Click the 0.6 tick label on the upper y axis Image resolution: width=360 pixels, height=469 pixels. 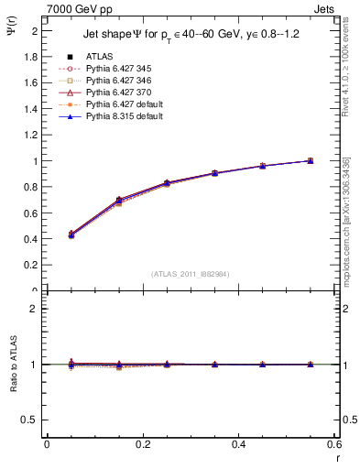[x=31, y=213]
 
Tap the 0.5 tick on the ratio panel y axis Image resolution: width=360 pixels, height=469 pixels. [x=31, y=420]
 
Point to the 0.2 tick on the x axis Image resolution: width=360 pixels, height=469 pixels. [x=143, y=443]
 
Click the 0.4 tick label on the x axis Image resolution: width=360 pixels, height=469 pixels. [x=239, y=443]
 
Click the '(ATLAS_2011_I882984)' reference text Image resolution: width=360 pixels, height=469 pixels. [x=190, y=274]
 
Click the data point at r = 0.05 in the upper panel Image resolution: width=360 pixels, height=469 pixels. [x=71, y=235]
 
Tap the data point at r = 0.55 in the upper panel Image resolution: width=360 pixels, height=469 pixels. [x=311, y=161]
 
